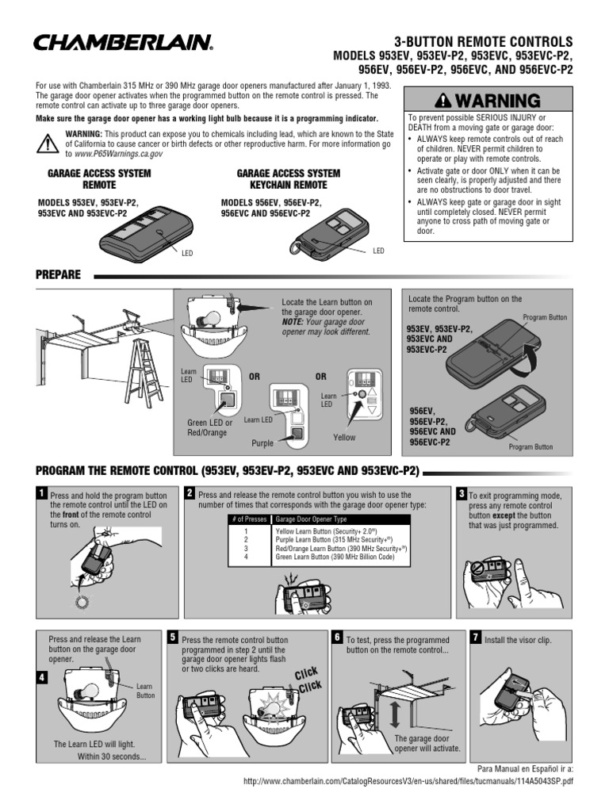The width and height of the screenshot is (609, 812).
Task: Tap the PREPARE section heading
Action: coord(58,274)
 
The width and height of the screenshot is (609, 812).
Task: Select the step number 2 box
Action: coord(190,493)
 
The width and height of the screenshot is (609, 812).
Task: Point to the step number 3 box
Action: coord(462,494)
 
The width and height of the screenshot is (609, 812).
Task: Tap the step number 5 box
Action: coord(173,637)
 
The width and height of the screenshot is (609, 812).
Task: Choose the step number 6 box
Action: coord(337,637)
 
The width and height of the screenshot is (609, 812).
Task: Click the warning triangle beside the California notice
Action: coord(48,144)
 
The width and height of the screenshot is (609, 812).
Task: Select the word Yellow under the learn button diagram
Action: coord(344,437)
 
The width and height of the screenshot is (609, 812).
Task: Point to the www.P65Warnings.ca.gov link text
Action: coord(113,154)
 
